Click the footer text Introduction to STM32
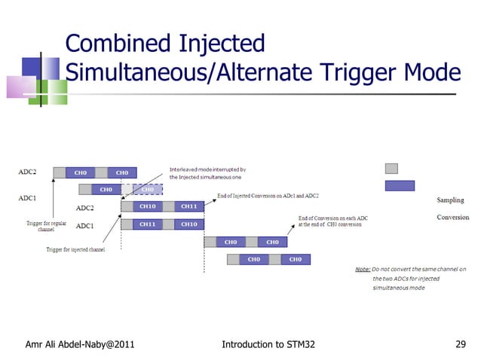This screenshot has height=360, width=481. point(268,345)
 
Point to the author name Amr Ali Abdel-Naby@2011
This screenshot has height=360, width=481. point(81,345)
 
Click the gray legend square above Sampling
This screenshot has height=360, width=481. point(391,169)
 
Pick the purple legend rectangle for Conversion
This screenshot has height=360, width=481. point(400,185)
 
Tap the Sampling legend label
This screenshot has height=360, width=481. point(451,200)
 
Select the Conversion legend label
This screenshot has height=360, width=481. point(452,218)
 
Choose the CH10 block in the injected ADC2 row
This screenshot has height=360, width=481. point(148,206)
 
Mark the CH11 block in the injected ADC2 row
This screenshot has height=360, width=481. point(188,206)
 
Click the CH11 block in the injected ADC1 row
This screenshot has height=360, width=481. point(148,224)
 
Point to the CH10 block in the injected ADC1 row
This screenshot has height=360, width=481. point(188,224)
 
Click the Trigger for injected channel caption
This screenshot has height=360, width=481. point(75,249)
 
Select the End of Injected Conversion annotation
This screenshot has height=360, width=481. point(268,197)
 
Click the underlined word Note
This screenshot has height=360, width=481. point(363,269)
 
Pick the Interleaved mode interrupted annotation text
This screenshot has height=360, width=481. point(207,172)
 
